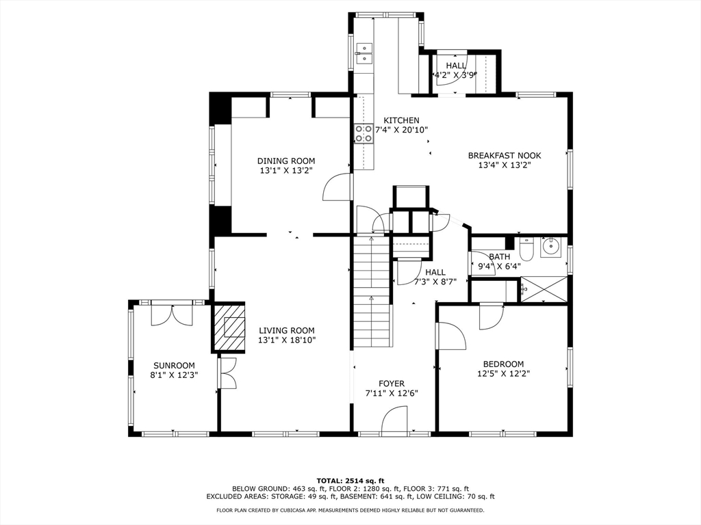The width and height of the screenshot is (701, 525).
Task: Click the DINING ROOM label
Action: pyautogui.click(x=286, y=161)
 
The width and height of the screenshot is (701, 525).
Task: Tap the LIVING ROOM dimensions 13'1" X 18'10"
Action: pyautogui.click(x=287, y=340)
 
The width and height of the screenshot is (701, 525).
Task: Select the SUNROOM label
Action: pyautogui.click(x=175, y=366)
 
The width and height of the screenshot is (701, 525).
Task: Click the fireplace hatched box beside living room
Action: pyautogui.click(x=228, y=327)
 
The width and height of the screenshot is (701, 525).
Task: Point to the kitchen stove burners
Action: pyautogui.click(x=364, y=133)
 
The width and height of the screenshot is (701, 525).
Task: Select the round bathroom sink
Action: pyautogui.click(x=552, y=246)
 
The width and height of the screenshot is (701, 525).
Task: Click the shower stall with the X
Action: pyautogui.click(x=544, y=289)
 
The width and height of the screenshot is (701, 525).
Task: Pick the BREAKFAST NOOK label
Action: pyautogui.click(x=505, y=156)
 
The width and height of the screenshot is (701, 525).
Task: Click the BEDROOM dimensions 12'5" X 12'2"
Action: pyautogui.click(x=503, y=374)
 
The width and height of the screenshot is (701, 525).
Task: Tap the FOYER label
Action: pyautogui.click(x=392, y=383)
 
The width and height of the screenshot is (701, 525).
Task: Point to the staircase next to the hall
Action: pyautogui.click(x=372, y=291)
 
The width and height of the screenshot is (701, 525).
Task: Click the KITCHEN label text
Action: pyautogui.click(x=401, y=120)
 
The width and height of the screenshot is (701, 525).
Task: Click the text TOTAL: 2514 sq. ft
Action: pyautogui.click(x=350, y=481)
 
